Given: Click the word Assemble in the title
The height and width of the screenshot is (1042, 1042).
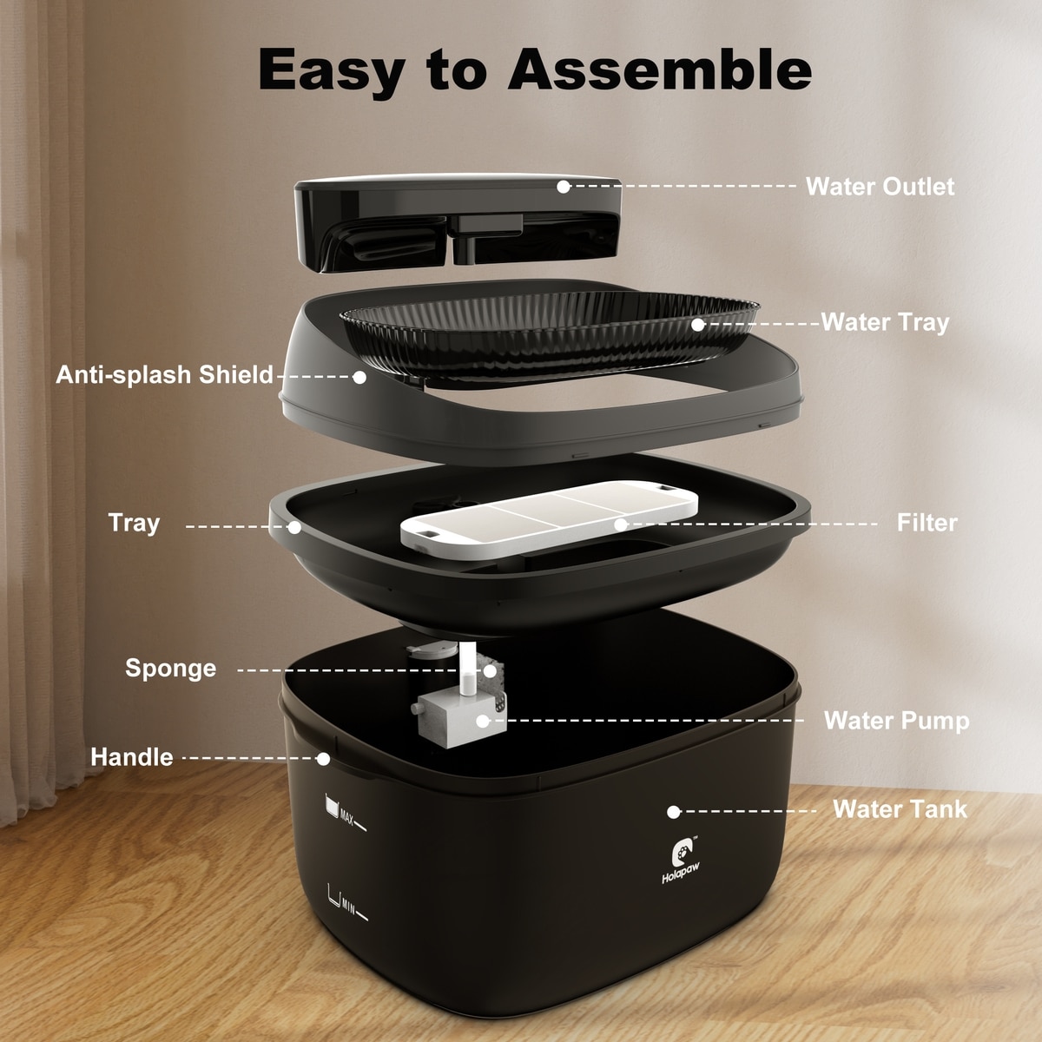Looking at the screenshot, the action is pos(659,69).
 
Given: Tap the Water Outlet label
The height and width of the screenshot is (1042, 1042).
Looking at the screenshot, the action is pos(880,187).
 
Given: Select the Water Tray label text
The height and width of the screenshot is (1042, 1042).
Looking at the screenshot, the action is pos(885,322).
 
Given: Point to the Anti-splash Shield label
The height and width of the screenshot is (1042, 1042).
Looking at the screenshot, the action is pos(164,375).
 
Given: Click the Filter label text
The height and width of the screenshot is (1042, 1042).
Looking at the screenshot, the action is pos(927,523).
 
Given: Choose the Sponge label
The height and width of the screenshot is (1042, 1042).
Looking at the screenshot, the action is pos(171,669).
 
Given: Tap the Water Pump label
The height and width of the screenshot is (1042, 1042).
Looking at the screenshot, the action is pos(896,721).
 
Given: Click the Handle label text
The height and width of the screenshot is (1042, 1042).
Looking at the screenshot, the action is pos(132,757).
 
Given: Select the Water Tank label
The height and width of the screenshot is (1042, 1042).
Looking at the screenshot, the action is pos(900,809).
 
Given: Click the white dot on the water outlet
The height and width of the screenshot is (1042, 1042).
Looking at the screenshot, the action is pos(564,187).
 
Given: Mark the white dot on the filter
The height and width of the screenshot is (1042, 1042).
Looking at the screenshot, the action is pos(621,524).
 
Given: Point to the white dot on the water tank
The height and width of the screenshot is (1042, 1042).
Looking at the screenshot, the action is pos(673,812).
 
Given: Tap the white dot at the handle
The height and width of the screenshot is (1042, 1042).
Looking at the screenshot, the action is pos(323,759).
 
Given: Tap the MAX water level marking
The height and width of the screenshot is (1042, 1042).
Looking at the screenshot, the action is pos(345,814).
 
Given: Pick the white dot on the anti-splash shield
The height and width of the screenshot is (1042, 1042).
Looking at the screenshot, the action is pos(359,378).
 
